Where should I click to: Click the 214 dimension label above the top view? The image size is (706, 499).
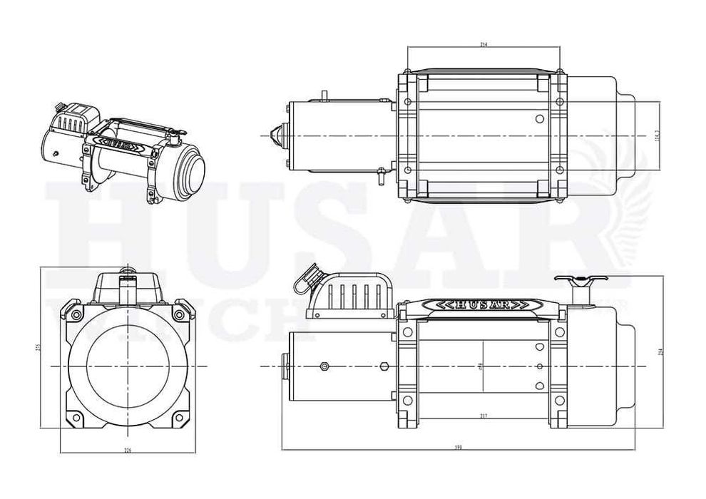(483, 45)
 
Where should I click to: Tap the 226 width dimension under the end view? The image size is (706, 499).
(128, 450)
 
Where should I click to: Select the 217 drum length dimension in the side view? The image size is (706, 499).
(483, 416)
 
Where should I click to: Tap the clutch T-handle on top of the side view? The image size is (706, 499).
(578, 279)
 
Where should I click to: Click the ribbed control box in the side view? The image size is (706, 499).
(353, 294)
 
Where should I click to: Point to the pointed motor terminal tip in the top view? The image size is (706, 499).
(275, 135)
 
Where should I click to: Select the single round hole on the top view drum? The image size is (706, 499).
(540, 119)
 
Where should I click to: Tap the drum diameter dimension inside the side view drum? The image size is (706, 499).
(482, 366)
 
